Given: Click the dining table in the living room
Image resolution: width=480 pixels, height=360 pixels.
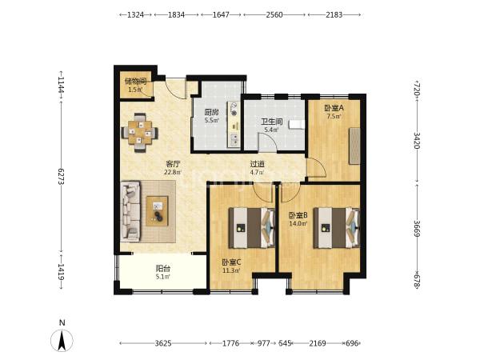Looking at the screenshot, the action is (x=140, y=133).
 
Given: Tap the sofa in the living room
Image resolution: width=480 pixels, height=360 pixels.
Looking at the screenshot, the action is (x=130, y=211).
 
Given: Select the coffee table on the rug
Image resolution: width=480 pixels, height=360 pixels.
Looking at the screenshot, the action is (x=157, y=211).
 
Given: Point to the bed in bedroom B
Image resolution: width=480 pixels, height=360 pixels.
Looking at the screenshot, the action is (x=336, y=228).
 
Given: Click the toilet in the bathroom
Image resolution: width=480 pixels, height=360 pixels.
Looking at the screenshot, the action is (x=297, y=124).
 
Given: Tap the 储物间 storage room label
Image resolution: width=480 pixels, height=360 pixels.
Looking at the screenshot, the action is (x=135, y=82).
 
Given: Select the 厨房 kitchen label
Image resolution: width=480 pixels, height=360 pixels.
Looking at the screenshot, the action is (x=211, y=112).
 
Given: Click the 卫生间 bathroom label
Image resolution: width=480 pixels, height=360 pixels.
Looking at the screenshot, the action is (x=271, y=122).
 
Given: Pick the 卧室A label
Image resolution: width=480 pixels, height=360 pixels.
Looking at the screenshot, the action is (x=334, y=108).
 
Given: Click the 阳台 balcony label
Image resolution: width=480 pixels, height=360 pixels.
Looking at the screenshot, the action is (x=163, y=269).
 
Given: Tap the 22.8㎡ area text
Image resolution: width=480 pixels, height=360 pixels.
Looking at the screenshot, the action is (x=173, y=172).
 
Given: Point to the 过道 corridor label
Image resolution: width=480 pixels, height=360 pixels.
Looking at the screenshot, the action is (x=257, y=164).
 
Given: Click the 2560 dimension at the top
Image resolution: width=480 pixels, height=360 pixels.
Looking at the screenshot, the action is (x=274, y=14).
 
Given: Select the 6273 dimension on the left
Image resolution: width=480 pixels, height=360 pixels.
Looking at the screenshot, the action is (x=61, y=176).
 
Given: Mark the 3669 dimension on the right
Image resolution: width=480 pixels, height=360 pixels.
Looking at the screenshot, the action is (x=417, y=228).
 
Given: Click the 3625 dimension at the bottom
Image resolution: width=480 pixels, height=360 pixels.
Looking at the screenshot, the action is (x=163, y=343).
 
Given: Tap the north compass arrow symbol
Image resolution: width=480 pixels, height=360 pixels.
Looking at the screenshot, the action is (x=62, y=341).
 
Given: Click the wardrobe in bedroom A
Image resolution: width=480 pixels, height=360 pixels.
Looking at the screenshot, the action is (x=354, y=146).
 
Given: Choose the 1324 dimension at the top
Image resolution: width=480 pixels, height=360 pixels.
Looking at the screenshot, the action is (x=136, y=14).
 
